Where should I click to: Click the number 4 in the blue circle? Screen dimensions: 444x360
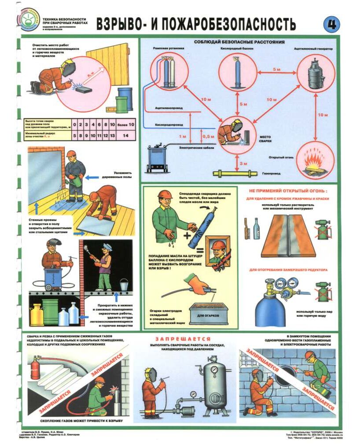pos(331,24)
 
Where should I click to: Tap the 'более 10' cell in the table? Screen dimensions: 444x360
pos(125,125)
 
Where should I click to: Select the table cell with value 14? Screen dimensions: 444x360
pos(125,136)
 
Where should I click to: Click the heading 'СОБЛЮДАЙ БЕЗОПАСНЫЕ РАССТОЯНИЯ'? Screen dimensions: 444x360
pos(239,42)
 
